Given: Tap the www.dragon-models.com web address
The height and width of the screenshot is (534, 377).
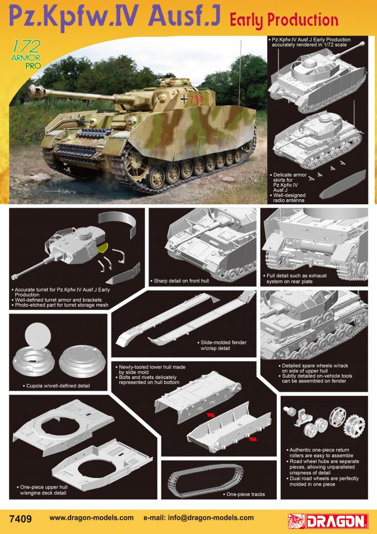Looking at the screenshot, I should (91, 518).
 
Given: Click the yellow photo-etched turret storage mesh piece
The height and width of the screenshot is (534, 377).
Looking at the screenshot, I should (103, 247).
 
